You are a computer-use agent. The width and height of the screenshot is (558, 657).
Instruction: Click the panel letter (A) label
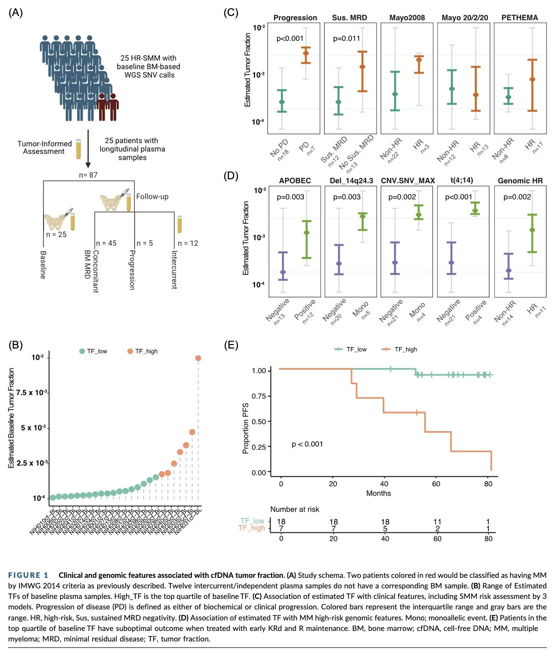click(16, 13)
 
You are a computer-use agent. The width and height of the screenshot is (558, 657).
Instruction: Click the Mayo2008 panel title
click(407, 18)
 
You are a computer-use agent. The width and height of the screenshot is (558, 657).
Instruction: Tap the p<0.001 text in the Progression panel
click(290, 39)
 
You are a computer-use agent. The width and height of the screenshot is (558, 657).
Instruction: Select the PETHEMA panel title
click(519, 18)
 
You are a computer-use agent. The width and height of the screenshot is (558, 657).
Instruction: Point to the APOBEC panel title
click(295, 181)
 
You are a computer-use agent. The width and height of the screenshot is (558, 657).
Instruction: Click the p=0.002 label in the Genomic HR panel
click(517, 197)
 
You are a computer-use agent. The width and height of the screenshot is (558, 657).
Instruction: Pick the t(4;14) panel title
click(461, 180)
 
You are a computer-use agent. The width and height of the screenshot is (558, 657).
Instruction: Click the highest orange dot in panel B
click(198, 358)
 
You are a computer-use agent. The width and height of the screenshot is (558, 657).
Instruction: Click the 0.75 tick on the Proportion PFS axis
click(259, 396)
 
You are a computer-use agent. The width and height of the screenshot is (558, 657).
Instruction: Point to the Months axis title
click(378, 493)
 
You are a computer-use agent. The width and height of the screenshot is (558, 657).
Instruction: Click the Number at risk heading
click(295, 509)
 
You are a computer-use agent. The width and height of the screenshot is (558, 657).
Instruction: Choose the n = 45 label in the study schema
click(106, 243)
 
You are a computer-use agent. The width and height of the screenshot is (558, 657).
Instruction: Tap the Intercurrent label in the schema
click(174, 269)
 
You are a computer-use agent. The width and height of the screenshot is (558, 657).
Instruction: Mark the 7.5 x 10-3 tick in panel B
click(32, 393)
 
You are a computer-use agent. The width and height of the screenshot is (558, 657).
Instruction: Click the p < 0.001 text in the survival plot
click(307, 444)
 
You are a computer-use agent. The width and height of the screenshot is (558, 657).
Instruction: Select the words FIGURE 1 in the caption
click(28, 575)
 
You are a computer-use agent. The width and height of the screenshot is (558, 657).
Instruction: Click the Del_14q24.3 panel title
click(351, 181)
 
